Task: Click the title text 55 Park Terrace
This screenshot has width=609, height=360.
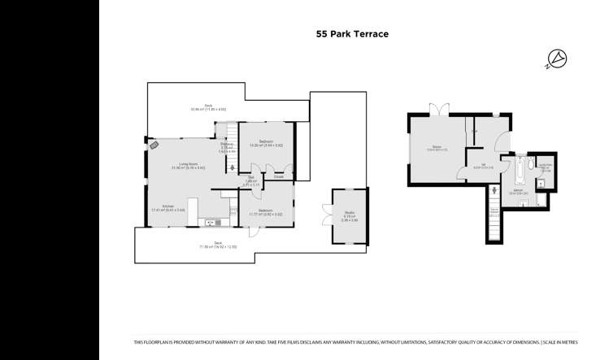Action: (352, 34)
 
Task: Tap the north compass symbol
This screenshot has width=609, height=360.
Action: (558, 58)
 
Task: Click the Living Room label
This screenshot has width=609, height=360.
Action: (188, 165)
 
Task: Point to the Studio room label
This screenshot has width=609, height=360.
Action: (349, 215)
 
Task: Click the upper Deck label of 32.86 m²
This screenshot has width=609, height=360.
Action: (208, 107)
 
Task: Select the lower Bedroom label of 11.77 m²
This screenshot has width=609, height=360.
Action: (266, 212)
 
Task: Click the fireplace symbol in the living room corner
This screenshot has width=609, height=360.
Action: (153, 145)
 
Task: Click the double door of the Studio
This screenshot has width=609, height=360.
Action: (333, 215)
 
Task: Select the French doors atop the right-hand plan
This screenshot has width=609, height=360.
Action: (440, 109)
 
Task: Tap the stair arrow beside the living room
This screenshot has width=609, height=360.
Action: (233, 168)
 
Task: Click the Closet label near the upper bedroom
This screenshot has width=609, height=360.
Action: (278, 176)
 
